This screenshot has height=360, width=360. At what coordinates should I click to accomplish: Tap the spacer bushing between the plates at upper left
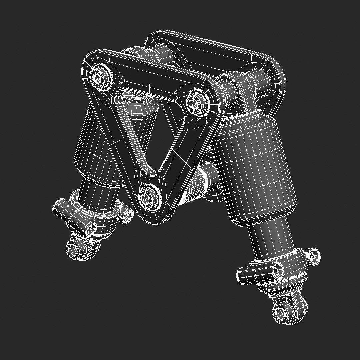pos(133,55)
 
